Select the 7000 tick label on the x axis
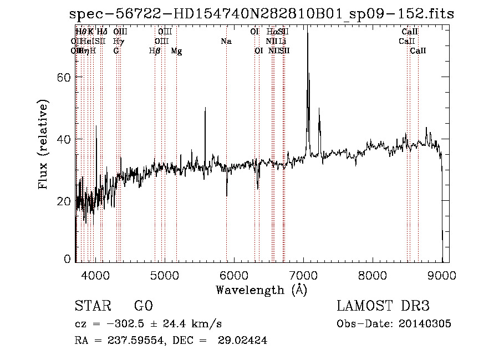[303, 275]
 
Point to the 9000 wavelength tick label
[441, 275]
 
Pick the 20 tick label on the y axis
[65, 201]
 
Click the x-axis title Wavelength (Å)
[261, 290]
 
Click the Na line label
[226, 41]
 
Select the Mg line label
[176, 50]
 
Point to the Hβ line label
[155, 50]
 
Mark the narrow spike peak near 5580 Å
[205, 108]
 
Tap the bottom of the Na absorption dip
[226, 195]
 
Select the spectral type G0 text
[143, 306]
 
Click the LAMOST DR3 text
[383, 306]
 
